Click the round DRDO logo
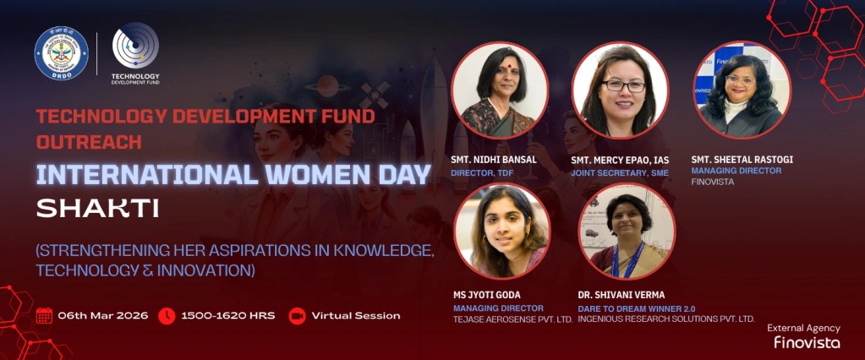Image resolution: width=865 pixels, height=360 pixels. click(61, 53)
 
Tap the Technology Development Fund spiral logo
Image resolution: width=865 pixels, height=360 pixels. click(135, 46)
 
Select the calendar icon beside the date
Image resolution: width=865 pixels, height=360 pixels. click(44, 315)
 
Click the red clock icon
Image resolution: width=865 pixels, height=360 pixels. click(167, 315)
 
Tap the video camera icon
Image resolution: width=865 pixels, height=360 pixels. click(297, 315)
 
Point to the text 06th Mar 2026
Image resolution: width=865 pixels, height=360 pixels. click(103, 315)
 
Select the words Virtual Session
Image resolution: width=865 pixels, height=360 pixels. click(356, 315)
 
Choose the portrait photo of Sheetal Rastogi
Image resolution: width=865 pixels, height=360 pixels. click(742, 90)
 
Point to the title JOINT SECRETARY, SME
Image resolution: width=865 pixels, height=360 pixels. click(620, 172)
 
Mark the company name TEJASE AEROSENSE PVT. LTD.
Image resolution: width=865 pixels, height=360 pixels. click(512, 319)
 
